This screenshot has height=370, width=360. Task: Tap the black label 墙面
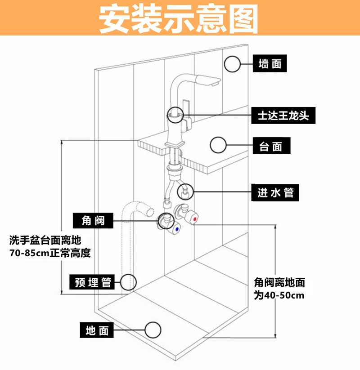click(x=270, y=64)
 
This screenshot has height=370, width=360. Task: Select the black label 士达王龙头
click(x=283, y=116)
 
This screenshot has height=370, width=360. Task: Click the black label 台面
click(x=270, y=146)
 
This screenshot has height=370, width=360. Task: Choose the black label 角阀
click(x=93, y=220)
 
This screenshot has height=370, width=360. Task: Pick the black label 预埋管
click(x=93, y=282)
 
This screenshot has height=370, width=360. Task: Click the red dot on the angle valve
click(x=194, y=219)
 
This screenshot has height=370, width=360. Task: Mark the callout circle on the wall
click(x=233, y=64)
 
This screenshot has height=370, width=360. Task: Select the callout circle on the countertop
click(x=219, y=145)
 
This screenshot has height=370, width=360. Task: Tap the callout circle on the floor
click(x=153, y=330)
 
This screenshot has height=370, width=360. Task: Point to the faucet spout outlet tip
click(x=215, y=83)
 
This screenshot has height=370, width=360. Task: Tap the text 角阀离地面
click(x=279, y=283)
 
